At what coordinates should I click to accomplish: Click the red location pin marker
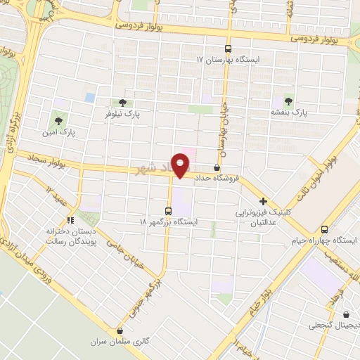click(x=181, y=164)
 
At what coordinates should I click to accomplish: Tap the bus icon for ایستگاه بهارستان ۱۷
click(x=228, y=49)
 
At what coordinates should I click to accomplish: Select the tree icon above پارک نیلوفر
click(x=123, y=102)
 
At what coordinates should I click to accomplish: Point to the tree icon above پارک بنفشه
click(x=289, y=101)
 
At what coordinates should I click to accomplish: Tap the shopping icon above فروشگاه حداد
click(x=216, y=167)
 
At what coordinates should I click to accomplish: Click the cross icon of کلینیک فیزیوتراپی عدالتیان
click(x=263, y=200)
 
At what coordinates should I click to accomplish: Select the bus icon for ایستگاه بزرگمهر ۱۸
click(x=167, y=210)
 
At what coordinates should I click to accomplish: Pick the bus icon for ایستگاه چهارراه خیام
click(x=324, y=229)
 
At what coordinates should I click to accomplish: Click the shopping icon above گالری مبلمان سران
click(x=120, y=330)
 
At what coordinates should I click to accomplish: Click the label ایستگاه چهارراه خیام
click(x=324, y=240)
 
